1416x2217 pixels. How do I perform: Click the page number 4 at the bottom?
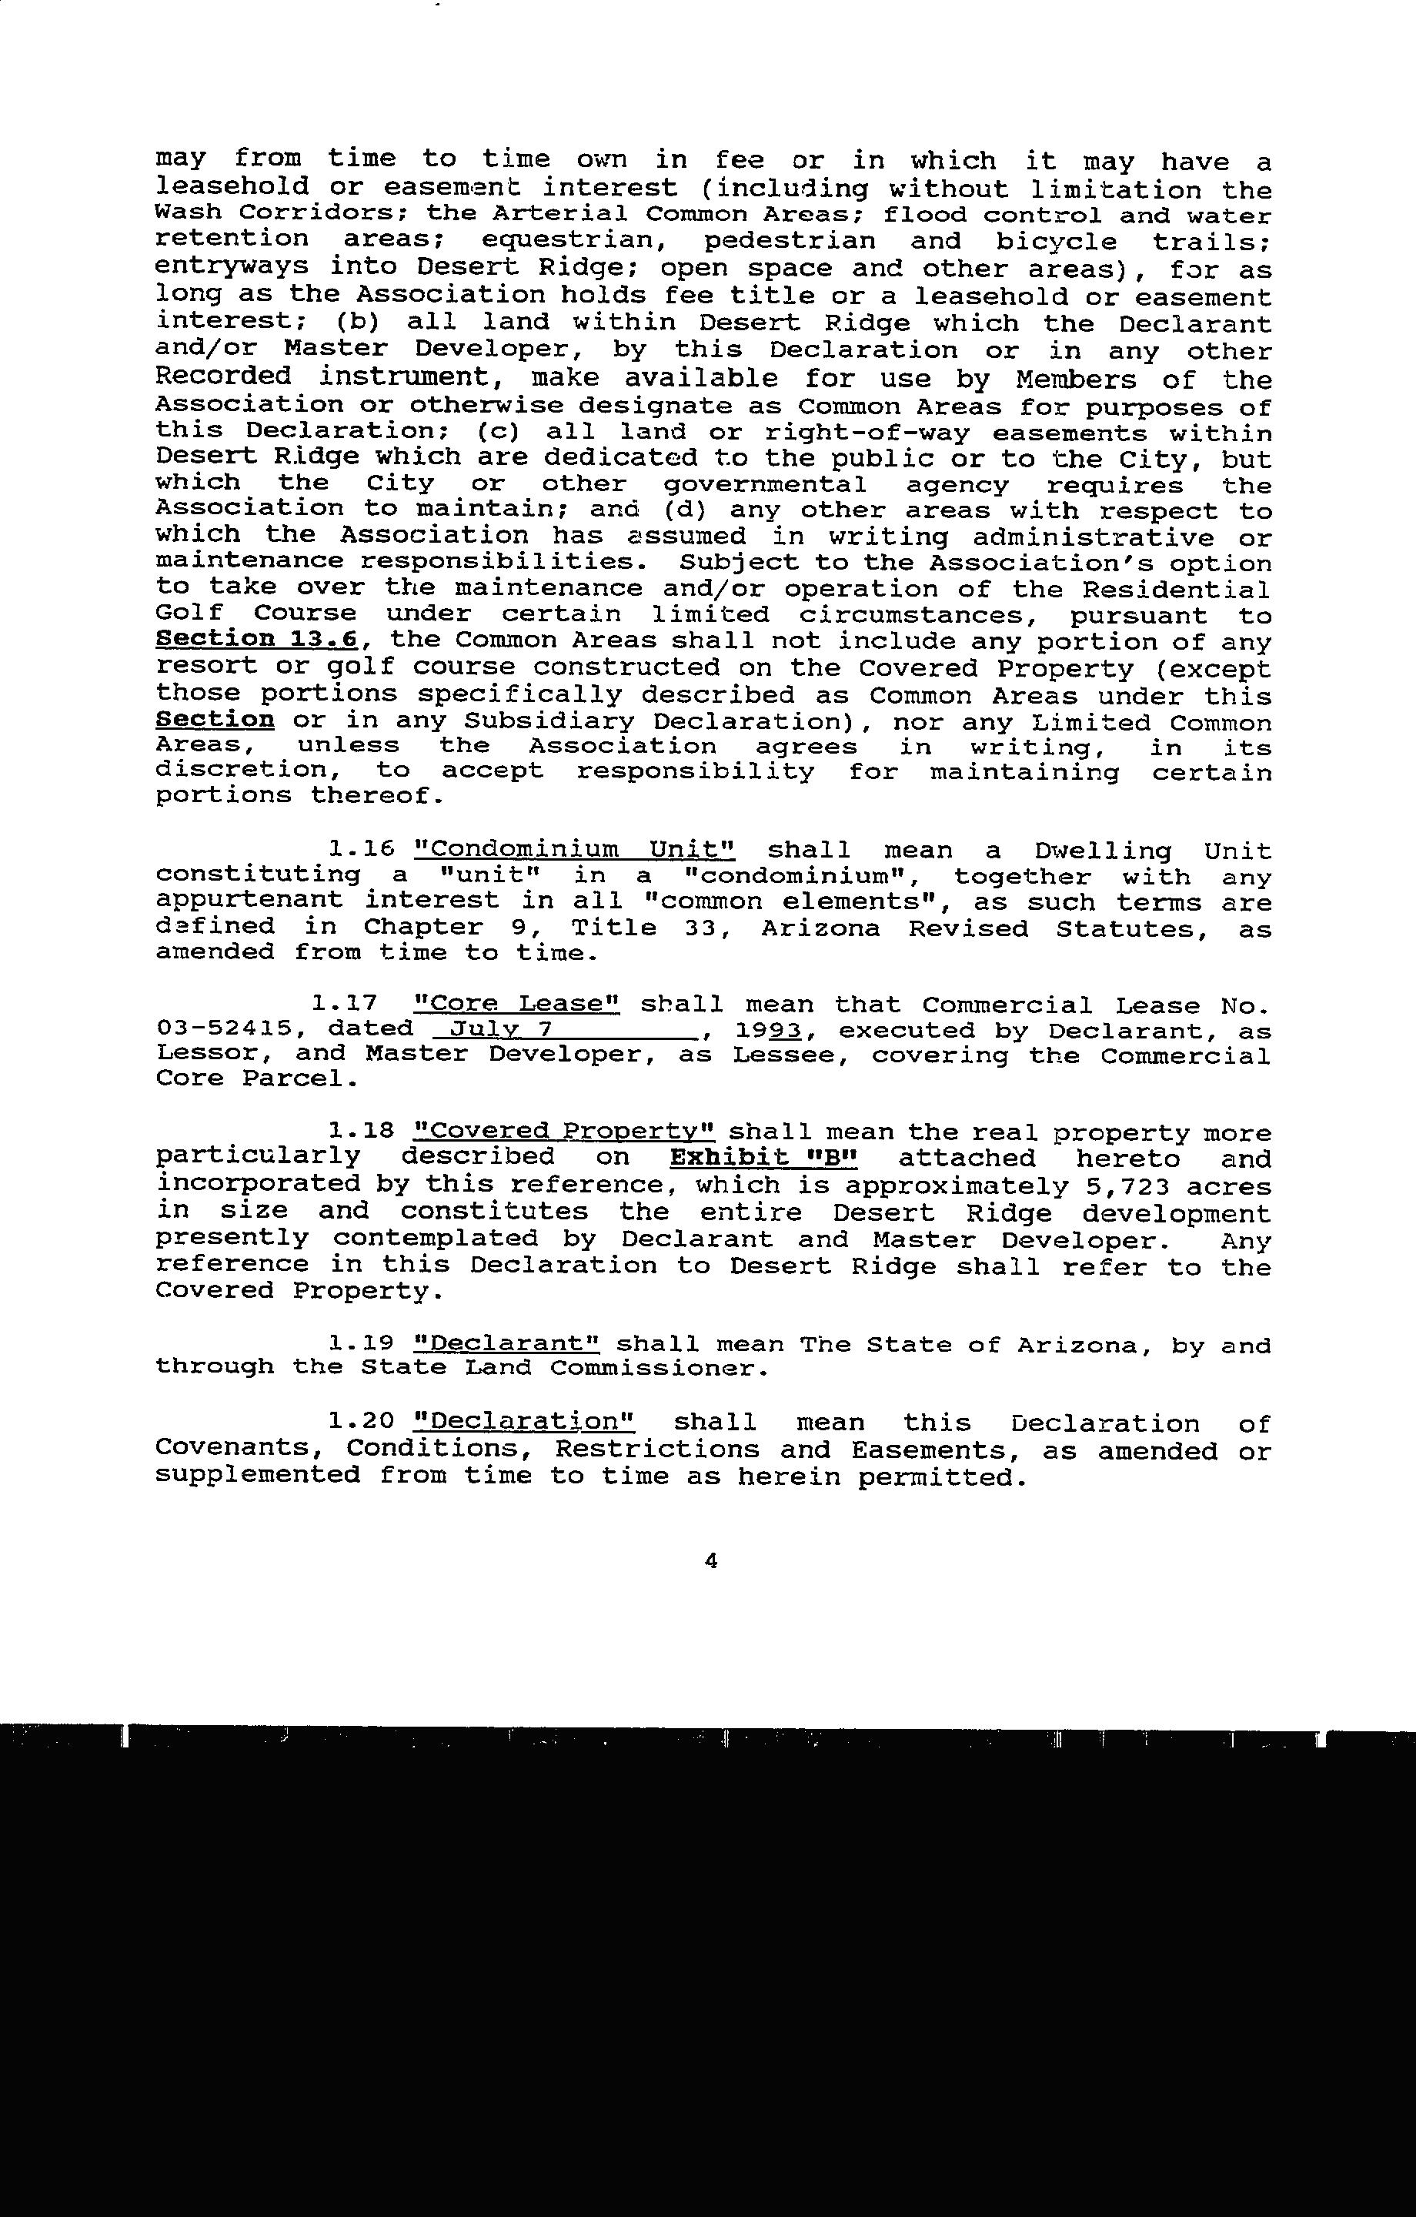coord(710,1560)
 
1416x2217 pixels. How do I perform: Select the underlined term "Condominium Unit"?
coord(575,850)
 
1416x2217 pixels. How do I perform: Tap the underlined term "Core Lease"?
coord(517,1004)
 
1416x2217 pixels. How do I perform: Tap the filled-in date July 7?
coord(498,1028)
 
